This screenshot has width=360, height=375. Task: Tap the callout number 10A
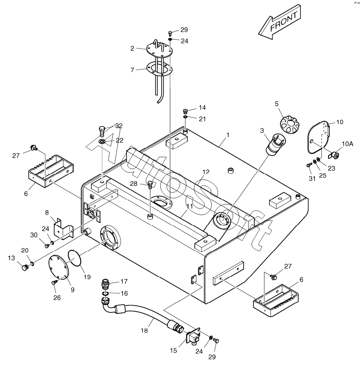pyautogui.click(x=347, y=144)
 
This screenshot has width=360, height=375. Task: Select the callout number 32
pyautogui.click(x=119, y=125)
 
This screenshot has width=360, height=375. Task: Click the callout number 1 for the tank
pyautogui.click(x=227, y=135)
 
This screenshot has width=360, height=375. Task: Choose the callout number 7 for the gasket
pyautogui.click(x=132, y=70)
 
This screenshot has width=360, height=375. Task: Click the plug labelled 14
pyautogui.click(x=186, y=111)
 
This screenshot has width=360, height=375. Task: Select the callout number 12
pyautogui.click(x=206, y=172)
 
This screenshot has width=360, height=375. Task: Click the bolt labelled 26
pyautogui.click(x=53, y=282)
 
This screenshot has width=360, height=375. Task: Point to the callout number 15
pyautogui.click(x=173, y=350)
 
